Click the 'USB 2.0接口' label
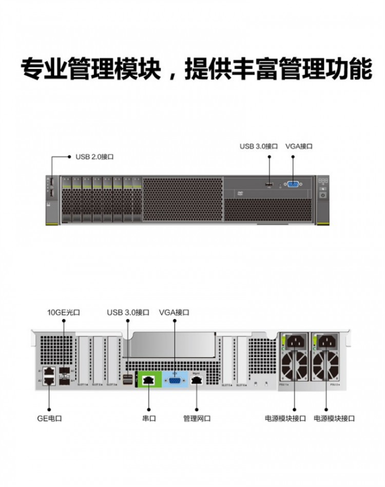point(94,157)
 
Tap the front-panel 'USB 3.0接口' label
point(258,146)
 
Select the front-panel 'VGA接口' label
point(299,146)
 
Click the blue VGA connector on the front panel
point(293,184)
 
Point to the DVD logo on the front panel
point(238,194)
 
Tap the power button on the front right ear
point(323,195)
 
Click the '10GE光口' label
point(64,312)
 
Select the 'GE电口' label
point(50,418)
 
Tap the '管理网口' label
point(197,418)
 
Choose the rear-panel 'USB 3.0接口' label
point(128,312)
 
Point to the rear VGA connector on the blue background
point(174,381)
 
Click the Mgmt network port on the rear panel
point(197,380)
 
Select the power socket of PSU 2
point(327,342)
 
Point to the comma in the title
point(173,74)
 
